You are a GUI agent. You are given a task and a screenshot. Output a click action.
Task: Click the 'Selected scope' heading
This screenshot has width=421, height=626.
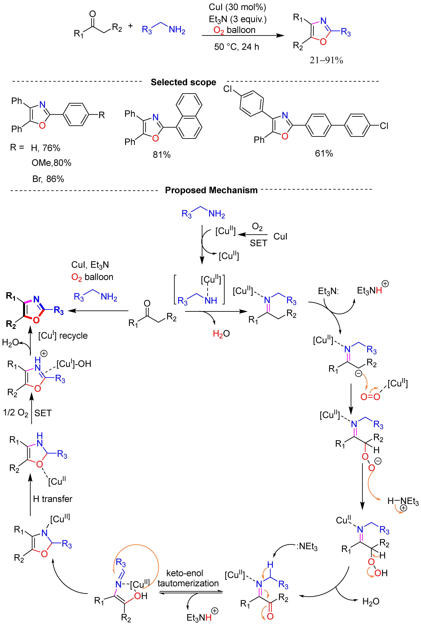click(183, 82)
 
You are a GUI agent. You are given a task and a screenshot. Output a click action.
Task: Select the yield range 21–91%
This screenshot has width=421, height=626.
click(326, 60)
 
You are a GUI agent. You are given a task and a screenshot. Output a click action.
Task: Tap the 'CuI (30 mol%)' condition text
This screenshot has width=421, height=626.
click(237, 7)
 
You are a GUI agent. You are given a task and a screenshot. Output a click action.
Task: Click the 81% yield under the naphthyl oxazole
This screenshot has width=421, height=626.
click(162, 155)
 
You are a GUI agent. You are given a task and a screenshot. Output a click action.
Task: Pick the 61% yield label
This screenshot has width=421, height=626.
click(324, 153)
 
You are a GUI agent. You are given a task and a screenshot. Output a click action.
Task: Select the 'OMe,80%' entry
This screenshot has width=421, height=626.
click(51, 163)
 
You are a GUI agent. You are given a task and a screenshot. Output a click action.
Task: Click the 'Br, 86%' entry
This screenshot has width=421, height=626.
click(48, 179)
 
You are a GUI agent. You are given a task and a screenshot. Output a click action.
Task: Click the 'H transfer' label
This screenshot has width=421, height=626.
click(53, 499)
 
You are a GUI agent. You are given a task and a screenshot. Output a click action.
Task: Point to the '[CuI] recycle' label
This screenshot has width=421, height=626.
click(63, 335)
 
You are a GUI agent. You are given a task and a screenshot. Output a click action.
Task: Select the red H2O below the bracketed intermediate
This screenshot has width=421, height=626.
click(221, 334)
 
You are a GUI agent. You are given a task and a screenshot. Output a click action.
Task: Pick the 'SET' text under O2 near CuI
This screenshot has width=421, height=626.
click(258, 243)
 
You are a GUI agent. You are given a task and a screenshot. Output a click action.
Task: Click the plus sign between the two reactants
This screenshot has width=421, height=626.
click(130, 26)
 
